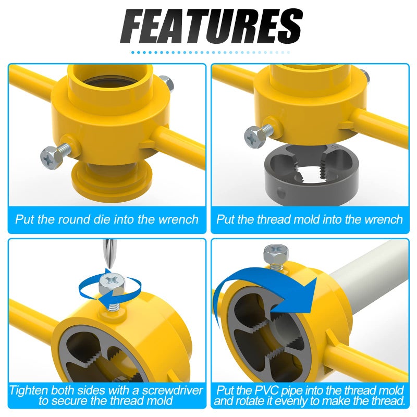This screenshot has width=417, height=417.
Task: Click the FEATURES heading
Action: click(212, 27)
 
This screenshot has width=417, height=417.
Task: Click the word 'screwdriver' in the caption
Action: click(173, 390)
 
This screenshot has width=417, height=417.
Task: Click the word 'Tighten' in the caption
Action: click(29, 390)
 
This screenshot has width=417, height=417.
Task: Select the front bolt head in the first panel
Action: click(51, 158)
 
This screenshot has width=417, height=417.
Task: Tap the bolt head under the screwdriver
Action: click(111, 284)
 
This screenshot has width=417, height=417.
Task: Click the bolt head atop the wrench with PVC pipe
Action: click(276, 253)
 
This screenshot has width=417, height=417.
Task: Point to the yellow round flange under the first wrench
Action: click(112, 181)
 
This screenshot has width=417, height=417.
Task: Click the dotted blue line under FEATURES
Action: click(211, 53)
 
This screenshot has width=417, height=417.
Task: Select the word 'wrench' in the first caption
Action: click(178, 219)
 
